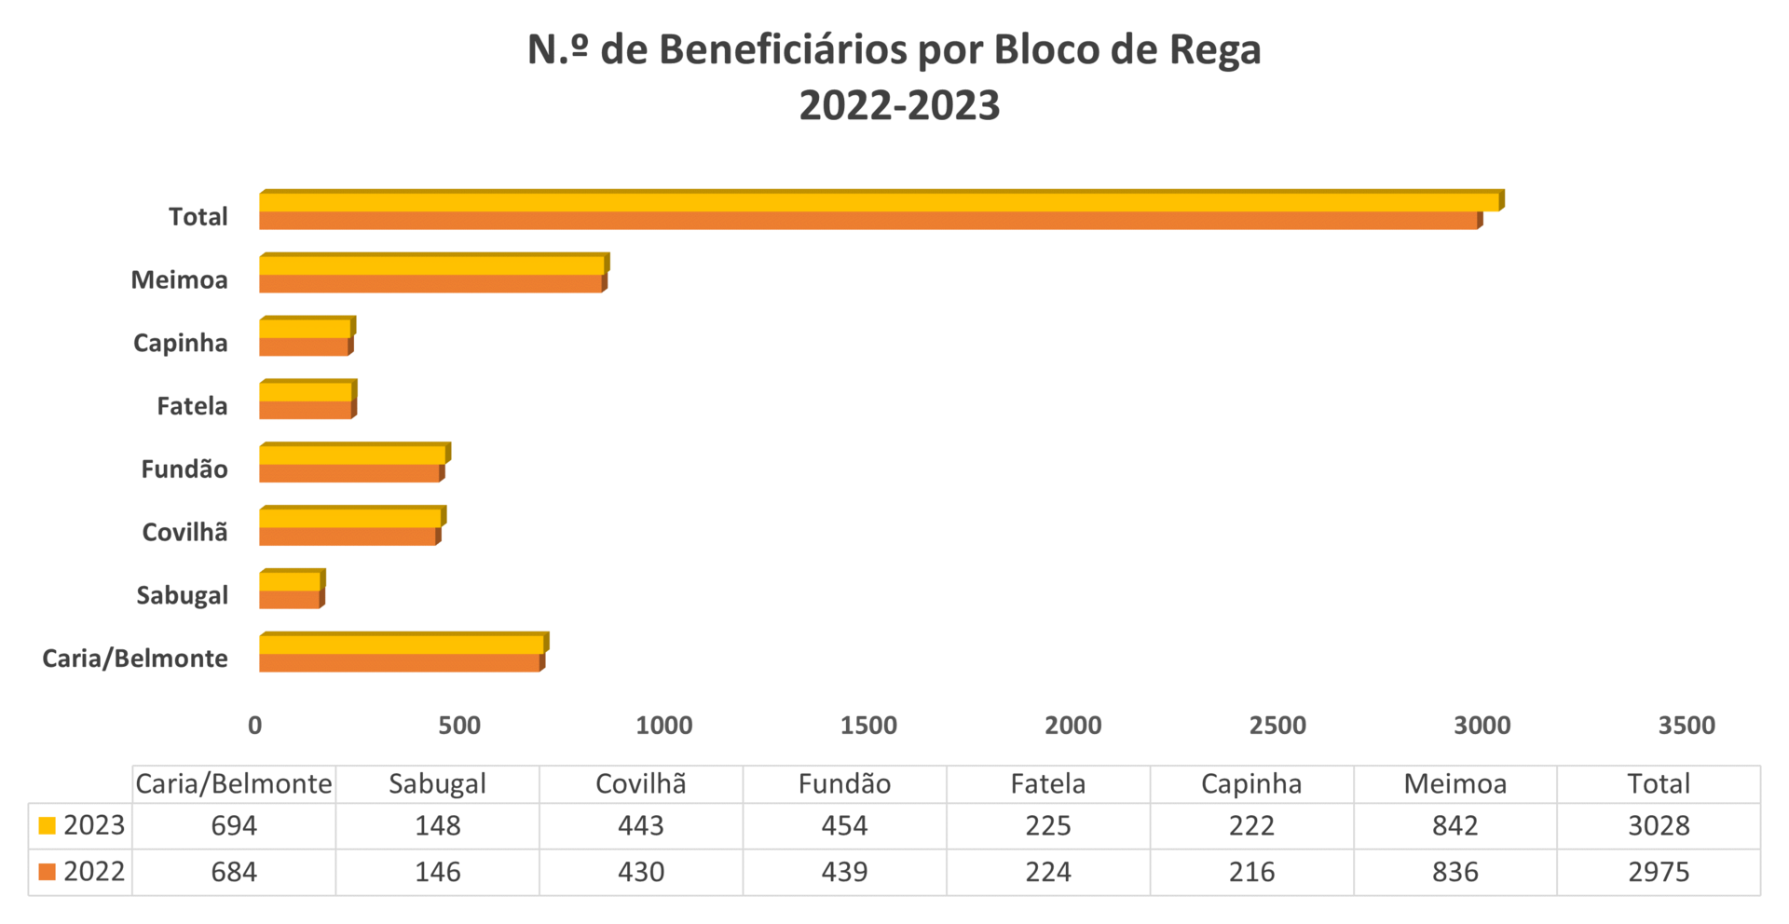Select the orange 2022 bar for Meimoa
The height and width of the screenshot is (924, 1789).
point(430,284)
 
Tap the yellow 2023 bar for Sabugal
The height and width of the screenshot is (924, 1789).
point(290,582)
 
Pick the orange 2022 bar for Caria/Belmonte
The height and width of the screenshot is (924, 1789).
point(399,663)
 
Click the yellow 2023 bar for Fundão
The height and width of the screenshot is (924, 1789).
point(352,455)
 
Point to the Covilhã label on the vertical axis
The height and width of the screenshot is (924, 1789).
point(184,532)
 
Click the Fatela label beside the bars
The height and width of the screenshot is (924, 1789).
point(192,406)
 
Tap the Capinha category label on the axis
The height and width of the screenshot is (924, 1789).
point(181,343)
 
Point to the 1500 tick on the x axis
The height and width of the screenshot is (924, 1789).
point(868,726)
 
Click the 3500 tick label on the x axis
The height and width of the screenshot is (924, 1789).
point(1687,726)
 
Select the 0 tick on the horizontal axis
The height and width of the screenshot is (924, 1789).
point(255,726)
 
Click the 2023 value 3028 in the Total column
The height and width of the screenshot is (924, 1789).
point(1659,825)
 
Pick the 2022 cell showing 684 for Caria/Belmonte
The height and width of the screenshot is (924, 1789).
point(234,872)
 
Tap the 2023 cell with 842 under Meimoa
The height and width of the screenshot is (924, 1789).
point(1454,825)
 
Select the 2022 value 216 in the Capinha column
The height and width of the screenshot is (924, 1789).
point(1251,872)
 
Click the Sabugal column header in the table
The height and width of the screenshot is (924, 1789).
point(437,783)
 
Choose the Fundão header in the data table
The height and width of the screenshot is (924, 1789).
point(844,783)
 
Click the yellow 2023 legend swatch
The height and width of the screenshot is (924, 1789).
point(48,826)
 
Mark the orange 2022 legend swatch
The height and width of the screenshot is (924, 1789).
point(48,873)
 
